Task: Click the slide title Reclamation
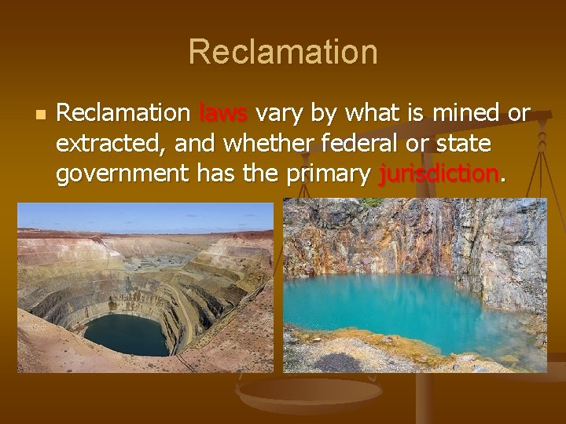coord(283,52)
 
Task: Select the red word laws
coord(223,115)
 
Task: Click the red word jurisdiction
coord(438,175)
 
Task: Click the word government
coord(119,176)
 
